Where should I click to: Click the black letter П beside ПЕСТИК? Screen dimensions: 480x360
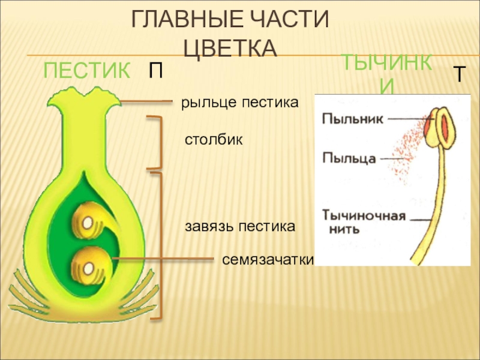pos(155,73)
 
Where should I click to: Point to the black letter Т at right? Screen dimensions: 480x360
pos(459,75)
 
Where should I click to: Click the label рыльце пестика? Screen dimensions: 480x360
pos(240,103)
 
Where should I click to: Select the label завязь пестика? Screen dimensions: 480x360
pos(240,227)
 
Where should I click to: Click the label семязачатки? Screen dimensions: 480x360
pos(268,259)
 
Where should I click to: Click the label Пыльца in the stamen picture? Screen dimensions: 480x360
pos(349,158)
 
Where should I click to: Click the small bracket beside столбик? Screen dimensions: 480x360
pos(158,143)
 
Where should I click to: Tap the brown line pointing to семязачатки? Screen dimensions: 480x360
pos(162,259)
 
